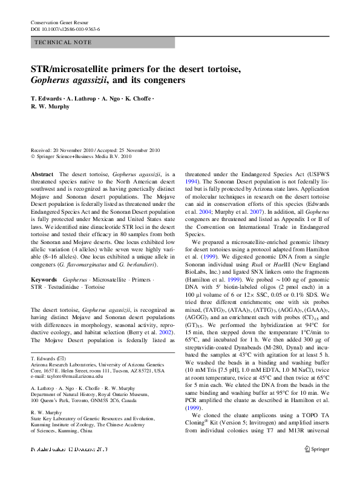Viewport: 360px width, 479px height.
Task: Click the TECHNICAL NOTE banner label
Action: [x=64, y=42]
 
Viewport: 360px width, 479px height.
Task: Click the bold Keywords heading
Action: [x=44, y=280]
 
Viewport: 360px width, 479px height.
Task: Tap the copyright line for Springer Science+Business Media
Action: [x=88, y=156]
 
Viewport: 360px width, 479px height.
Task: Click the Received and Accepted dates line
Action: [x=95, y=150]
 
